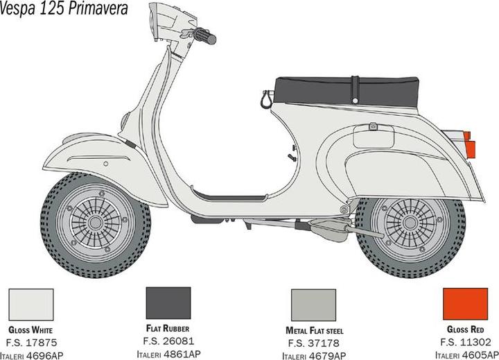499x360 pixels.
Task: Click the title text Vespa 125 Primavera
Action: [64, 8]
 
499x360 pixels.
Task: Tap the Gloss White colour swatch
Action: [31, 305]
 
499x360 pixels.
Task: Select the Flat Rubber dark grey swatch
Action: [168, 303]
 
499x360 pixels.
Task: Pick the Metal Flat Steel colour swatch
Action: [313, 305]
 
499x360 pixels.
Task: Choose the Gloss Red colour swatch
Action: [465, 304]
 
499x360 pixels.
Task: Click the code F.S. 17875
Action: [31, 343]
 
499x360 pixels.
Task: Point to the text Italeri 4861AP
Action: [168, 354]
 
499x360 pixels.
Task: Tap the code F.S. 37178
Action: [314, 343]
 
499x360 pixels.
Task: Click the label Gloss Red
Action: [465, 329]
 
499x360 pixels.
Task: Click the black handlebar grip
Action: [205, 36]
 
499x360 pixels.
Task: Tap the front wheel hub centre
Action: [95, 223]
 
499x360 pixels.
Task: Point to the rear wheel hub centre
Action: [410, 223]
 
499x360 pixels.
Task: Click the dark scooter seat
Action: [347, 92]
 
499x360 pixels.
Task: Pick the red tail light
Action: [469, 145]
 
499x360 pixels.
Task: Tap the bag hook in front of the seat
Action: [266, 99]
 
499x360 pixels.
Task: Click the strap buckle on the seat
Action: [355, 90]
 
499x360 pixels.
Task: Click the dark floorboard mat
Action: [229, 196]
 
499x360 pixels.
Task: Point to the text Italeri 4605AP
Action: [467, 355]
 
